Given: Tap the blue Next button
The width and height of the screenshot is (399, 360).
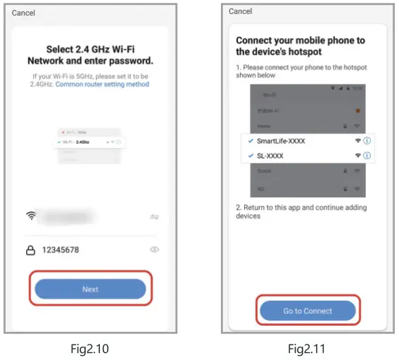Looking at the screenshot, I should (x=90, y=289).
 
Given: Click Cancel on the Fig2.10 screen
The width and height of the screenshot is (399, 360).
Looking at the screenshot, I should (x=23, y=13).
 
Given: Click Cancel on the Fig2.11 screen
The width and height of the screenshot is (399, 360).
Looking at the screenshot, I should (x=241, y=11).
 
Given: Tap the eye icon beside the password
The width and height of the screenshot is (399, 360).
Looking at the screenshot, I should (x=154, y=249).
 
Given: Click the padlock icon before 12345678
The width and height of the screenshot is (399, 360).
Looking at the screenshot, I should (x=30, y=249).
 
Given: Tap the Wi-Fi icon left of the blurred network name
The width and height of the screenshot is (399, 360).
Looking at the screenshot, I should (x=30, y=216).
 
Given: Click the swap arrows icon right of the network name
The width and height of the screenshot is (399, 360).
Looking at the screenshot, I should (x=154, y=217).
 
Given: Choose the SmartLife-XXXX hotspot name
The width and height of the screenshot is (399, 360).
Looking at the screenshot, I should (x=281, y=141).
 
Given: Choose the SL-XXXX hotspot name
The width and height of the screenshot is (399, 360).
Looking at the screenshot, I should (x=270, y=156).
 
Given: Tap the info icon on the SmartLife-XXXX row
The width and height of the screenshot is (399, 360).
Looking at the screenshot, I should (x=367, y=141).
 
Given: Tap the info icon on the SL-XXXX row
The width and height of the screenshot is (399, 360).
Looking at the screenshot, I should (x=367, y=156).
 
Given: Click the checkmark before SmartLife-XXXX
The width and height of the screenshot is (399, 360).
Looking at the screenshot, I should (x=250, y=141).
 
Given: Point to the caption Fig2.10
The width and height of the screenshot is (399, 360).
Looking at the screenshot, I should (x=89, y=348).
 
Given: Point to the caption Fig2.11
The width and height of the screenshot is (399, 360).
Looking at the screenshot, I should (x=308, y=348).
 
